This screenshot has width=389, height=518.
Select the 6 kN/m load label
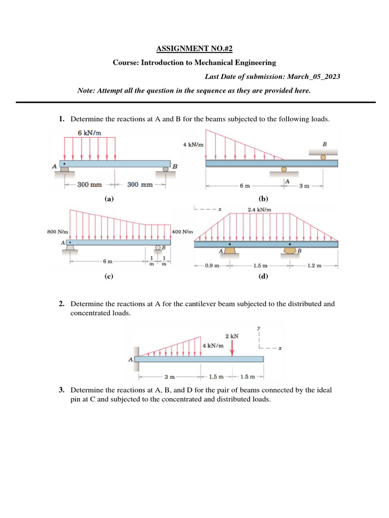[x=89, y=133]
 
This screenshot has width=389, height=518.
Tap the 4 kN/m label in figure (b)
[x=193, y=144]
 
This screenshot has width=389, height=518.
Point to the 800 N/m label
[x=57, y=232]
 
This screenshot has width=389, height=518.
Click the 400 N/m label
[x=183, y=232]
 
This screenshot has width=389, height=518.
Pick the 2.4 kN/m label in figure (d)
[x=259, y=209]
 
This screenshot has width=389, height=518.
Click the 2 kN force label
[x=232, y=336]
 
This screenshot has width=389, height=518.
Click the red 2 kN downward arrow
[x=232, y=348]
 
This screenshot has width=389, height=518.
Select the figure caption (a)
[x=108, y=199]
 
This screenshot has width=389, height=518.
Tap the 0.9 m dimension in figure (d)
[x=212, y=265]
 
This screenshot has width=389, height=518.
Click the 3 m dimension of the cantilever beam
[x=170, y=377]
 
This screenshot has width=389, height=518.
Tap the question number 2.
[x=61, y=304]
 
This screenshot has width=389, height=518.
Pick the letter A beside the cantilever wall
[x=130, y=360]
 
